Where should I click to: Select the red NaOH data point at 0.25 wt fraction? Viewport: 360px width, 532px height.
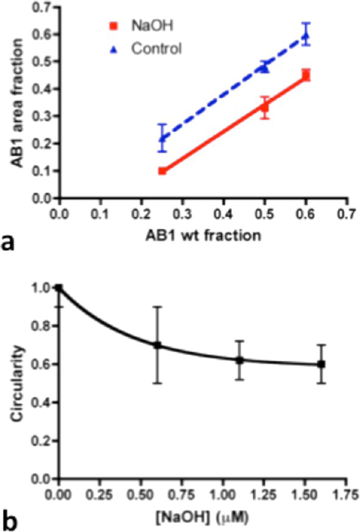pos(163,171)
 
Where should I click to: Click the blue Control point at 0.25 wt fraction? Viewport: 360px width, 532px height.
pos(163,138)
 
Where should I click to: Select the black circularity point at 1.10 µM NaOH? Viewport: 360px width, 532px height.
pos(239,360)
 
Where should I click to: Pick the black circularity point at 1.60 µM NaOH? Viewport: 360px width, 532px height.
pos(321,364)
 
